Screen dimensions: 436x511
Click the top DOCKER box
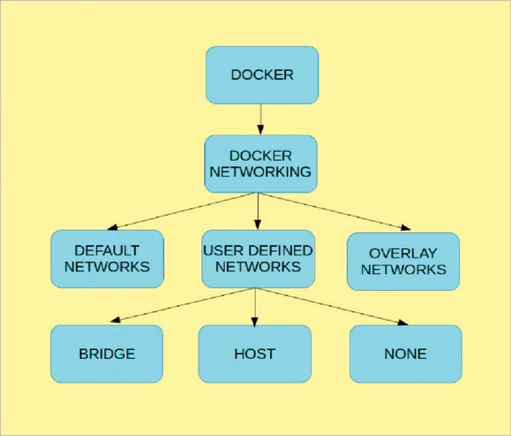pos(261,75)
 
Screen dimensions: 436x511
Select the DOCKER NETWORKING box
pos(260,164)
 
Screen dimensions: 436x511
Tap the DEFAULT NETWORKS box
pos(107,259)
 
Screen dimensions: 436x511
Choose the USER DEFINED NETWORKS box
pos(257,259)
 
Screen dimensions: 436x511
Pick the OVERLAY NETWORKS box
pos(403,262)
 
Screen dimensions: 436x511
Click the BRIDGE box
pos(106,353)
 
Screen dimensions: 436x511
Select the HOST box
pos(254,353)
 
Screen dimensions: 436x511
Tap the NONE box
pos(405,353)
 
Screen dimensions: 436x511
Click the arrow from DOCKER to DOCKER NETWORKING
pos(261,120)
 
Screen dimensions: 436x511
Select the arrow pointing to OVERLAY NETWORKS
pos(333,210)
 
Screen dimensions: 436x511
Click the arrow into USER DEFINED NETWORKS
pos(258,211)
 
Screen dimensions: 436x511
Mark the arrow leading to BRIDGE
pos(183,305)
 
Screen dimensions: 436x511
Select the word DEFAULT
pos(107,251)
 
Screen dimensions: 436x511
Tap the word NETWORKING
pos(260,172)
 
